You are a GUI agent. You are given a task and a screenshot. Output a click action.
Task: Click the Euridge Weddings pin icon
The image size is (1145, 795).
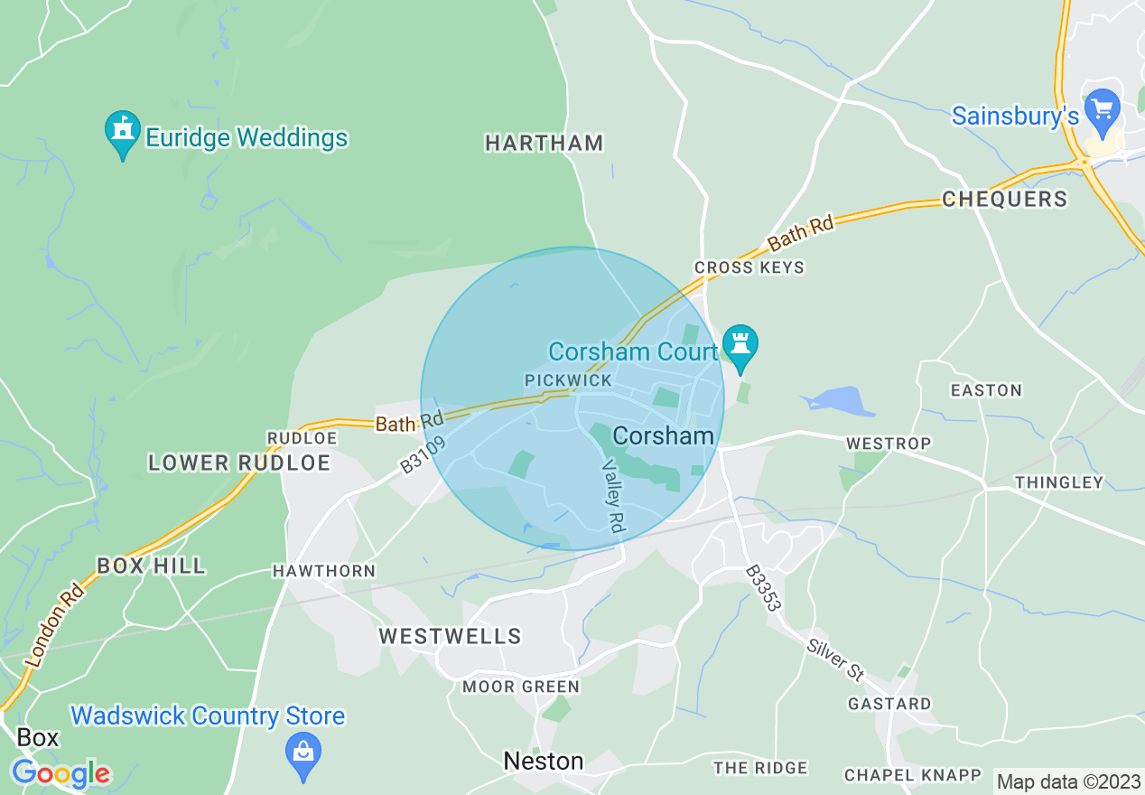click(123, 133)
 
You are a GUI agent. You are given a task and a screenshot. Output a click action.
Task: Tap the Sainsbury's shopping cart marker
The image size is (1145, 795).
click(1102, 110)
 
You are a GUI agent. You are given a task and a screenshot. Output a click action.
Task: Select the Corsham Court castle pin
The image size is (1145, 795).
click(740, 345)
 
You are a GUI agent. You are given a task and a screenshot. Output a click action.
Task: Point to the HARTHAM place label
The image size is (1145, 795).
click(544, 143)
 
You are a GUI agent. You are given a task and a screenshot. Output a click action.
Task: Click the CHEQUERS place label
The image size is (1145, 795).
click(1004, 199)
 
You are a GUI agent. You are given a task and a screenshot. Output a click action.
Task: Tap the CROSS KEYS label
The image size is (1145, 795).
click(749, 267)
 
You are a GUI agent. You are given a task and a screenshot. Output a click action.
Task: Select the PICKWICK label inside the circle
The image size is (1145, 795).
click(569, 380)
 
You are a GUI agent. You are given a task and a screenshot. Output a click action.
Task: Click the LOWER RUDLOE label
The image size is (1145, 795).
click(239, 463)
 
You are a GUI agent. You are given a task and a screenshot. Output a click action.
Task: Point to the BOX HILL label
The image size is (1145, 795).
click(151, 566)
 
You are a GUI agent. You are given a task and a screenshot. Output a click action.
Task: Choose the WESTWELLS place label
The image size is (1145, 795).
click(450, 636)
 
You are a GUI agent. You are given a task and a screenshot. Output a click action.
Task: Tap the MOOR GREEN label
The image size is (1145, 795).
click(521, 687)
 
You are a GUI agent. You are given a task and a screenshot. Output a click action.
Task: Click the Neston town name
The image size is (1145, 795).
click(544, 761)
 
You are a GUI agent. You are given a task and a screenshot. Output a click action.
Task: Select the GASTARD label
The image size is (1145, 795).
click(889, 703)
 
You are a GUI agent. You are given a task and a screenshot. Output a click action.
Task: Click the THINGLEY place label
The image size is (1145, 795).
click(1059, 482)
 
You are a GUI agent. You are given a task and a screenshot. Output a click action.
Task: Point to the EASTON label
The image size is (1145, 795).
click(986, 390)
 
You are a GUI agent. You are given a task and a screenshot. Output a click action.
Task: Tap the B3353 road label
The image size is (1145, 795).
click(763, 589)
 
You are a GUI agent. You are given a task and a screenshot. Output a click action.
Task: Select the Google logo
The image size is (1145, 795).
click(61, 773)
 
